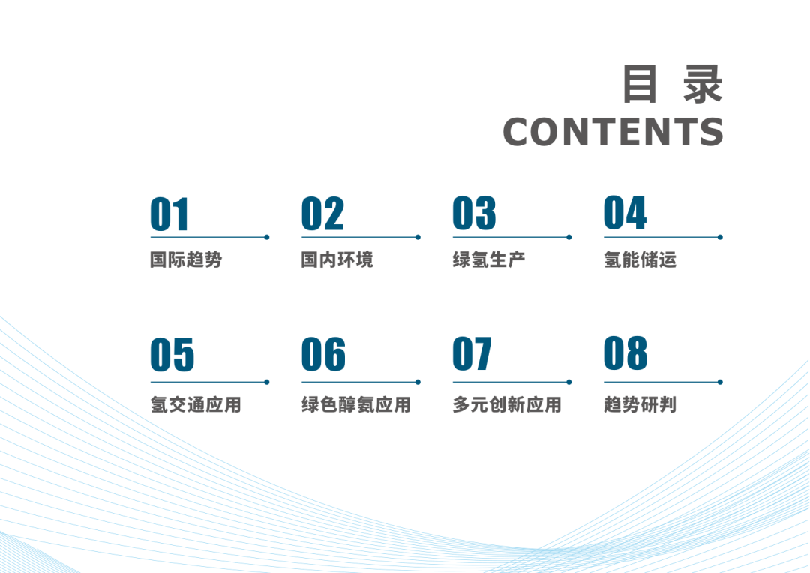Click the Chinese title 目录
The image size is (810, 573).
click(x=673, y=84)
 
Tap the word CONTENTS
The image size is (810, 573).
click(x=613, y=133)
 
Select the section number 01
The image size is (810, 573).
click(x=169, y=214)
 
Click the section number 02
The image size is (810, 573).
click(x=322, y=214)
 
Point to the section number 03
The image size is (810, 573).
click(x=474, y=214)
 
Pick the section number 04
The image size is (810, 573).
click(x=625, y=214)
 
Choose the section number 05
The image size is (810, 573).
click(x=172, y=355)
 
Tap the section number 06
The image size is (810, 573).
click(x=323, y=355)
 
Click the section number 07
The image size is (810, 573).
click(x=472, y=355)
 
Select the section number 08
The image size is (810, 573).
click(x=625, y=355)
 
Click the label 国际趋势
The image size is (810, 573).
click(x=186, y=260)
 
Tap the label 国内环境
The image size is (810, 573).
click(x=337, y=260)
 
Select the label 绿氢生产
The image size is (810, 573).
click(x=489, y=260)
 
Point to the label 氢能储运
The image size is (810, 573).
click(x=640, y=260)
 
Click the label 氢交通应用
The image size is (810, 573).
click(x=196, y=405)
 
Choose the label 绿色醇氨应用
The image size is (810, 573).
click(x=356, y=405)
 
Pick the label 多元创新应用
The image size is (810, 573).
click(x=507, y=405)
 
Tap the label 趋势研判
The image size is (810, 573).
click(x=640, y=405)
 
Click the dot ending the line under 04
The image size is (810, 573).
click(x=720, y=237)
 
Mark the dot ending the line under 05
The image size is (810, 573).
click(x=266, y=382)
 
